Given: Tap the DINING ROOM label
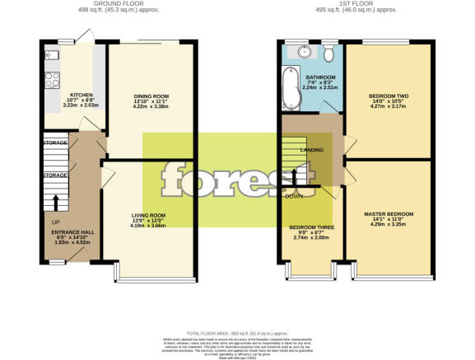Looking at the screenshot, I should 151,96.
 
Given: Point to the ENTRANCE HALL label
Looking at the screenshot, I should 72,232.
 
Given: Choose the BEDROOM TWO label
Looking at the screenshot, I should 388,96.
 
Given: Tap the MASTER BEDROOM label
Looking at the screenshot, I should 388,213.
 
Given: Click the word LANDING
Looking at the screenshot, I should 312,150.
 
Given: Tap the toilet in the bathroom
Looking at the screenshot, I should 328,55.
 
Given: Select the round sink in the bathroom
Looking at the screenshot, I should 305,52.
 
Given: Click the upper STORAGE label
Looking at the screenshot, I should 54,143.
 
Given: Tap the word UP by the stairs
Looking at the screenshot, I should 55,222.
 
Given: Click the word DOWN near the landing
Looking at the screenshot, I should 293,196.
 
